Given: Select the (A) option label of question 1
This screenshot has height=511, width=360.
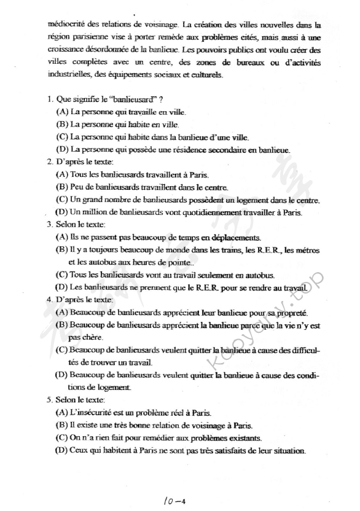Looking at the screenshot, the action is pos(61,112).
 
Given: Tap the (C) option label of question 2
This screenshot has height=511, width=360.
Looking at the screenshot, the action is pos(61,200).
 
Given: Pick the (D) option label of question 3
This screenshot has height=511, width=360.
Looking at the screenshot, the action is pos(61,287).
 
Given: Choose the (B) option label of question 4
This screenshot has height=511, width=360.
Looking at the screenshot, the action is pos(61,325).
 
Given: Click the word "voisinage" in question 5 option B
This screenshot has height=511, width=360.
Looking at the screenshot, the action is pos(208,425).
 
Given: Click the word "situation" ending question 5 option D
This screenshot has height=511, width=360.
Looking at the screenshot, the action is pos(286,451).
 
